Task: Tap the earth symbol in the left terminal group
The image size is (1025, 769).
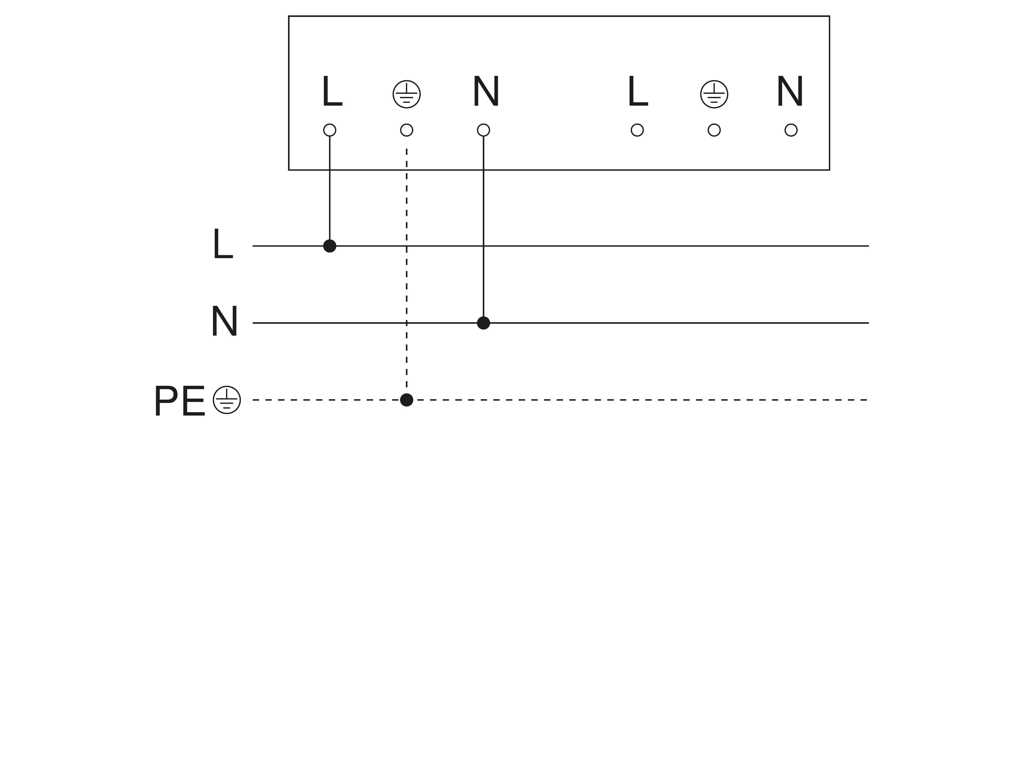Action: point(406,94)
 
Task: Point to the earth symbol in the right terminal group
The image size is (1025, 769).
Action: point(714,94)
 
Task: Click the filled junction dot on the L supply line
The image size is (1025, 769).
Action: point(330,246)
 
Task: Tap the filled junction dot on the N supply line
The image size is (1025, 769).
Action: point(483,323)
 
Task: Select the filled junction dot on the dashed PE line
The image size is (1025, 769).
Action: point(406,400)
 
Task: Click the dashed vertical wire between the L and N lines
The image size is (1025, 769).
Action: point(406,284)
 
